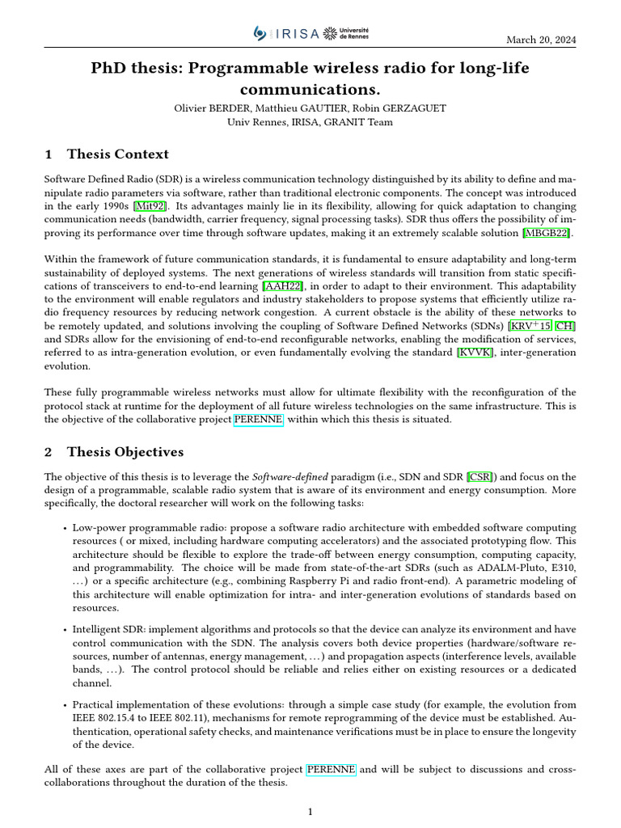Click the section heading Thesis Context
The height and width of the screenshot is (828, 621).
coord(118,154)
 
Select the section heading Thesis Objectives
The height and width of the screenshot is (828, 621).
coord(125,451)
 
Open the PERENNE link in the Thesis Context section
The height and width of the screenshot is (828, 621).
coord(258,420)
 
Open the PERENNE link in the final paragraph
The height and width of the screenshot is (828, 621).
coord(331,770)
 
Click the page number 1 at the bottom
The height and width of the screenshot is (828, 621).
coord(310,812)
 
